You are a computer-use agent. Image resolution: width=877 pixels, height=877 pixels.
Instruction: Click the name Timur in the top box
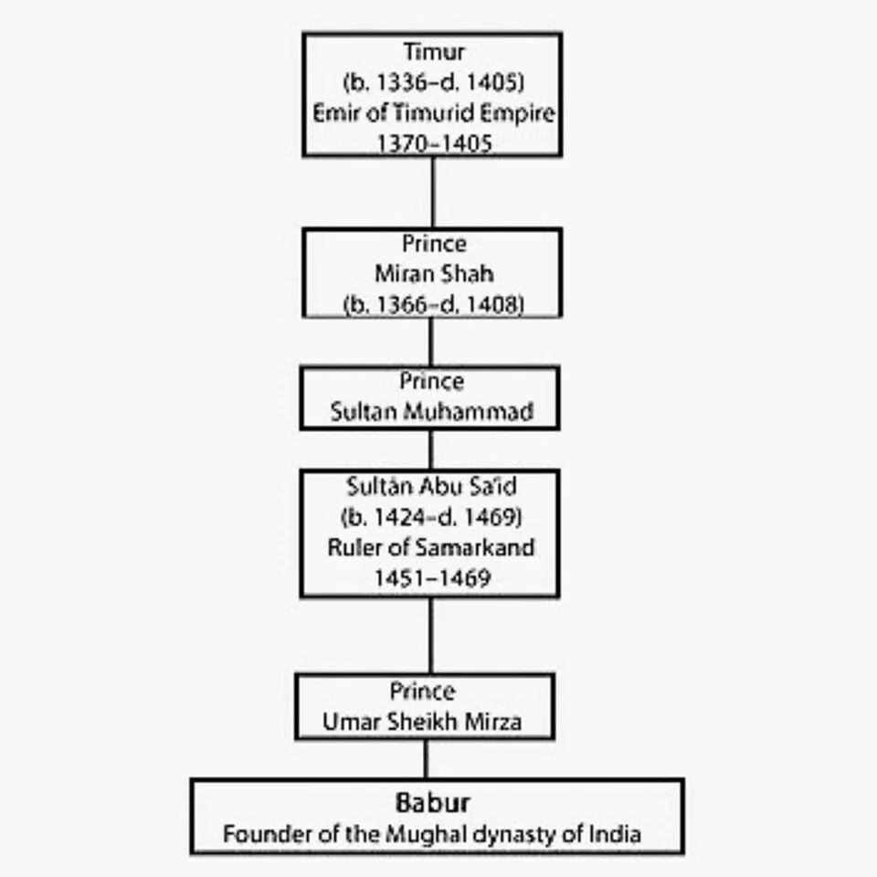433,52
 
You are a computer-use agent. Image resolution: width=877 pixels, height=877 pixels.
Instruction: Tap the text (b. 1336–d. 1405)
433,82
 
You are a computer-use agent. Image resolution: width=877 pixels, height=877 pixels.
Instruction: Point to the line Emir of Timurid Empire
433,112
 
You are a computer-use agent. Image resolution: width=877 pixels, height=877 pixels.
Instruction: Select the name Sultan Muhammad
431,411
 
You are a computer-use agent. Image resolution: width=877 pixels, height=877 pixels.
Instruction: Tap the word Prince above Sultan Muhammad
431,381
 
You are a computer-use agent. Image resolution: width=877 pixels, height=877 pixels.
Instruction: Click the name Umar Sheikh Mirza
422,722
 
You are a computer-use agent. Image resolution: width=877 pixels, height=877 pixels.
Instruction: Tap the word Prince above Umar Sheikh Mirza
422,691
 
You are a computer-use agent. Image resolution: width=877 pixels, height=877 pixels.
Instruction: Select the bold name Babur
433,803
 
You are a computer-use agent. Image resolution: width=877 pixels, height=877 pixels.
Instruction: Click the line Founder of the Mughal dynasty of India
433,834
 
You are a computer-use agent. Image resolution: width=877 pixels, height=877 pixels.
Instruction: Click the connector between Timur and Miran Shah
432,192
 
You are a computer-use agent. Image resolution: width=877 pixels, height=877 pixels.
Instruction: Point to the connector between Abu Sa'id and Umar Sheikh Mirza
430,636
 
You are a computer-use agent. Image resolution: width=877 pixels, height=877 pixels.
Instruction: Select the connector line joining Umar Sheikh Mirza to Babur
426,758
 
